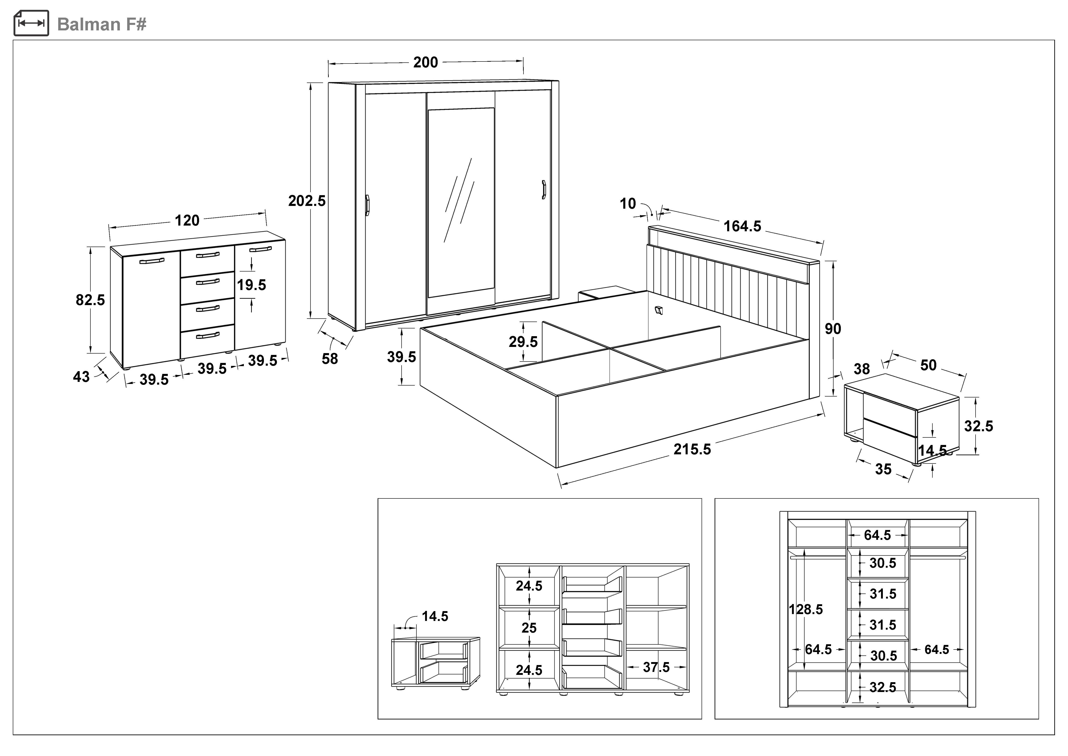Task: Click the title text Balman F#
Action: [101, 24]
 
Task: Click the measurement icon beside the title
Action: [31, 23]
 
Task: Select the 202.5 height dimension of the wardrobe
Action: [307, 201]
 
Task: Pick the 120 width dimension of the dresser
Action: [187, 220]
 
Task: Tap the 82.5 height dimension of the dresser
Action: [90, 300]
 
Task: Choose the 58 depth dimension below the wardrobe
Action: [330, 358]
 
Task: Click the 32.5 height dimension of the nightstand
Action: [978, 426]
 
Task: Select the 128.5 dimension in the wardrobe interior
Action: [806, 609]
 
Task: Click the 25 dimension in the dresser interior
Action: [529, 628]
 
